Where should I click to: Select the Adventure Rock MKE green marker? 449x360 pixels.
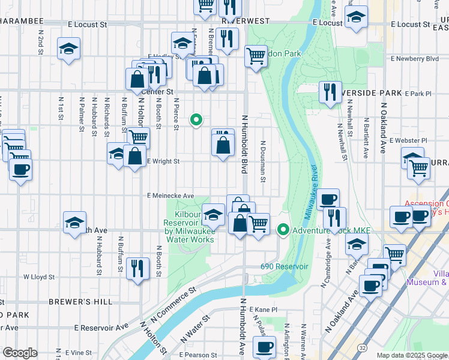coord(283,230)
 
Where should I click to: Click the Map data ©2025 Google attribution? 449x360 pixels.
coord(412,355)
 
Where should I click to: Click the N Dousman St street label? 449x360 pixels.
coord(263,161)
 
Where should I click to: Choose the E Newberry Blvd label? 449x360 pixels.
coord(414,59)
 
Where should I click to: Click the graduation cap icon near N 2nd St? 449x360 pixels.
coord(69,49)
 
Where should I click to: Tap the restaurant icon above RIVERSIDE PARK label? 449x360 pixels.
coord(330,92)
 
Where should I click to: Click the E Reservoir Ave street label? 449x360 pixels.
coord(102,328)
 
